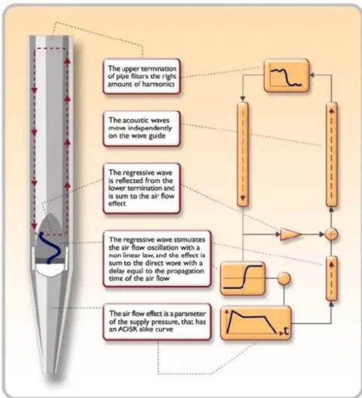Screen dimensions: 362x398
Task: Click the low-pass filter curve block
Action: pyautogui.click(x=287, y=75)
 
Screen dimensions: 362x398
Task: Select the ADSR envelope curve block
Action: pyautogui.click(x=256, y=323)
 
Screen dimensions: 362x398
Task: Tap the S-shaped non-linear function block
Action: pyautogui.click(x=243, y=278)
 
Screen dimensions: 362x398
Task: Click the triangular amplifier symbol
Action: pyautogui.click(x=290, y=234)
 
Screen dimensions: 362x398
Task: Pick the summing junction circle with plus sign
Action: pyautogui.click(x=331, y=234)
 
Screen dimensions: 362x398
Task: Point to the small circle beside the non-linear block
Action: pyautogui.click(x=284, y=278)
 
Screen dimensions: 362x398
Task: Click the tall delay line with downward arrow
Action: pyautogui.click(x=243, y=154)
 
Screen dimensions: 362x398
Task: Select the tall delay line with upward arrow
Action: pyautogui.click(x=331, y=154)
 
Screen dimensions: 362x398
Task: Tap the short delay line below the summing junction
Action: pyautogui.click(x=331, y=278)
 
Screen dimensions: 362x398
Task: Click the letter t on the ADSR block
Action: pyautogui.click(x=286, y=331)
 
